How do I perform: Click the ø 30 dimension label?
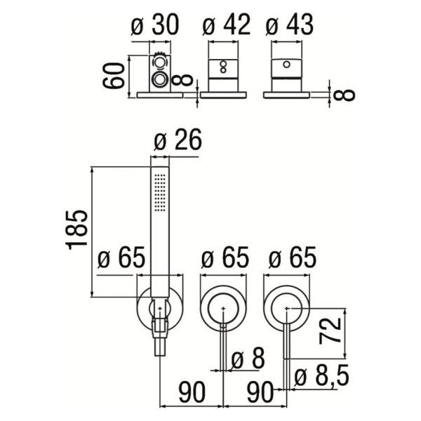[154, 25]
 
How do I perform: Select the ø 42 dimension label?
[227, 25]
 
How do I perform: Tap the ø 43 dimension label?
[289, 25]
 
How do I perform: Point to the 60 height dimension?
[114, 75]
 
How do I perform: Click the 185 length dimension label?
[76, 230]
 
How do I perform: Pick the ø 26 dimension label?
[178, 140]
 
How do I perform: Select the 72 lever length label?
[330, 330]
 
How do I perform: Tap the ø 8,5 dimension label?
[321, 375]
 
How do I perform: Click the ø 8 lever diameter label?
[248, 358]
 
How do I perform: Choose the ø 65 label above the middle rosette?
[225, 258]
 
